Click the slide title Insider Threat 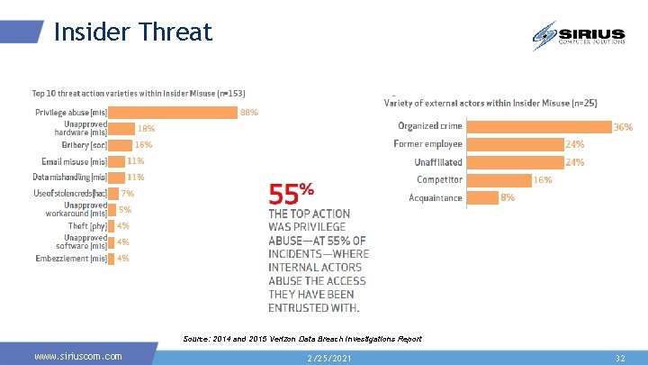(132, 32)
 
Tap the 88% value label (249, 113)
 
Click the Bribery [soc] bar (121, 144)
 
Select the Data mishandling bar (116, 177)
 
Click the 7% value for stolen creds (128, 193)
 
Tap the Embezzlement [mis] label (71, 258)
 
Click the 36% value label (623, 127)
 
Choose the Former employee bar (514, 144)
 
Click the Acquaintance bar (482, 197)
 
